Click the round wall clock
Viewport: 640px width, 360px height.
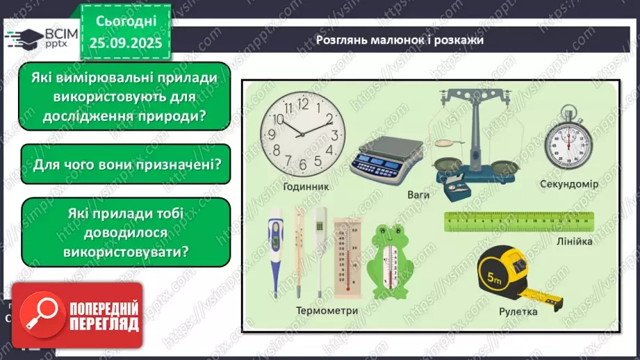click(x=303, y=133)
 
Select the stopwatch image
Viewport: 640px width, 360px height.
click(x=568, y=143)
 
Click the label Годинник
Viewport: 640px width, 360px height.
click(x=306, y=187)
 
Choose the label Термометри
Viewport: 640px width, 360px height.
click(x=327, y=311)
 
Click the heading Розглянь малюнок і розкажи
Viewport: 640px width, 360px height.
click(x=400, y=40)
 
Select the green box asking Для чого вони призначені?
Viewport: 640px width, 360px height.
click(x=126, y=165)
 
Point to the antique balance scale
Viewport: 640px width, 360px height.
click(x=475, y=139)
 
